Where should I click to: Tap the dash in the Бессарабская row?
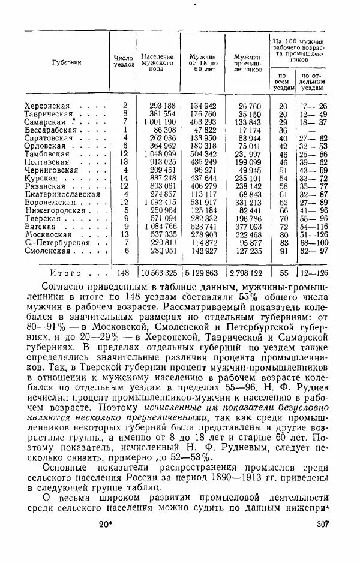coord(311,130)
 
